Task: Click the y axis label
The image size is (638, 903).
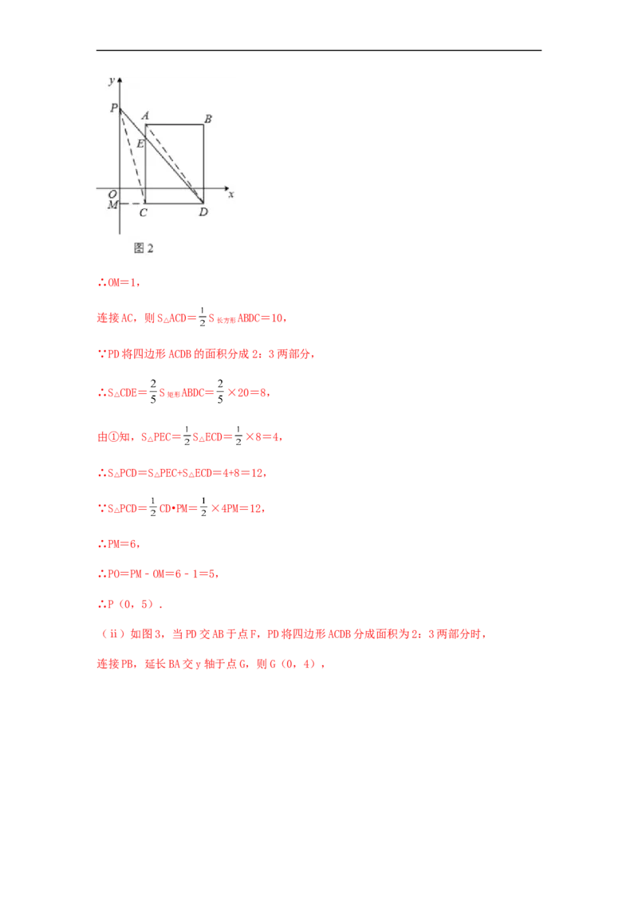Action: click(111, 81)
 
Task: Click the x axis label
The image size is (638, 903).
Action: click(230, 194)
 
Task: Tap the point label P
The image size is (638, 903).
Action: click(113, 108)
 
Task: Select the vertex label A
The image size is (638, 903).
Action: click(145, 116)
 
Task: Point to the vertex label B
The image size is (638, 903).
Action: click(207, 119)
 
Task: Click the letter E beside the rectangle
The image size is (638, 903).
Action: click(140, 144)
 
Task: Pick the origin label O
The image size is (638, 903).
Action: click(112, 194)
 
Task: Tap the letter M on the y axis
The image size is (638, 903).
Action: click(112, 206)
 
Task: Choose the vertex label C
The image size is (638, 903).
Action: click(143, 212)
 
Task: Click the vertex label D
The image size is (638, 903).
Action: click(203, 212)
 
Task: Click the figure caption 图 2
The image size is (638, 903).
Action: click(144, 248)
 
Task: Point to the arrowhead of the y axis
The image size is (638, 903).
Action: click(120, 81)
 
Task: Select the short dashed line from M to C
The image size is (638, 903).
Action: click(132, 203)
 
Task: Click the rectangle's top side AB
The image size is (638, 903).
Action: click(174, 124)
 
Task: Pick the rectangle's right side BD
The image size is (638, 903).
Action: click(203, 160)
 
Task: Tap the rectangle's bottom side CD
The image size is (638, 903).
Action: click(174, 203)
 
